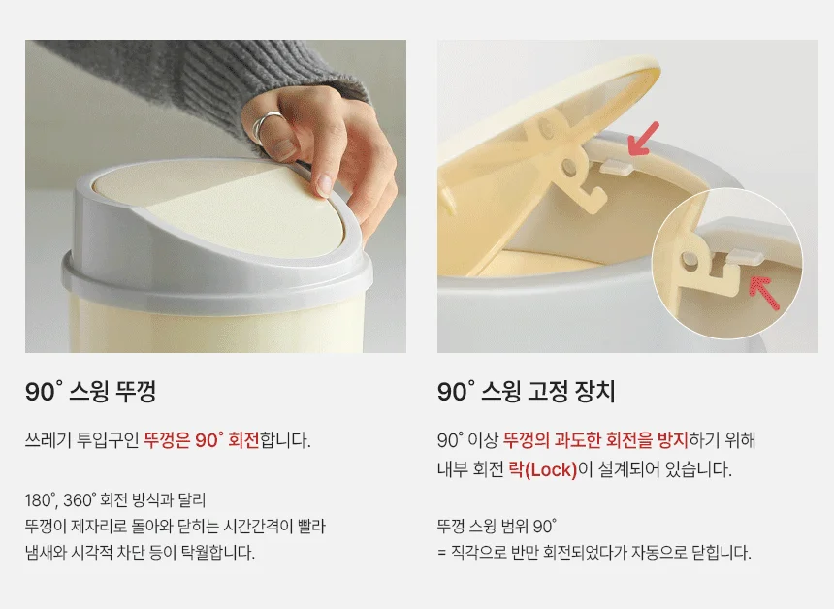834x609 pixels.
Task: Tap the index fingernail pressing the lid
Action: pyautogui.click(x=324, y=184)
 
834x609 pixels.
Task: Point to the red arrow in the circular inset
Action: pyautogui.click(x=764, y=292)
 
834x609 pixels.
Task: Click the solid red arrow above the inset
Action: pyautogui.click(x=643, y=140)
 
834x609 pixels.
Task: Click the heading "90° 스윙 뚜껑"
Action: pyautogui.click(x=90, y=392)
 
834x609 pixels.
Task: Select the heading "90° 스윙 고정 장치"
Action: pyautogui.click(x=526, y=392)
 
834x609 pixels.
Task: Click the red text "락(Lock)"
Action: pyautogui.click(x=542, y=469)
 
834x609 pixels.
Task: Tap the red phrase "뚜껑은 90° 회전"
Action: pyautogui.click(x=201, y=440)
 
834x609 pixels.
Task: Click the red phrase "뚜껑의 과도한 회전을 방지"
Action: pyautogui.click(x=595, y=440)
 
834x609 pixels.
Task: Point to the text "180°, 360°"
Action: pyautogui.click(x=61, y=500)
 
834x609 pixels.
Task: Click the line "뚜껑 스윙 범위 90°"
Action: pyautogui.click(x=497, y=527)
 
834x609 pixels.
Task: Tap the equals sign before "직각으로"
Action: pyautogui.click(x=441, y=553)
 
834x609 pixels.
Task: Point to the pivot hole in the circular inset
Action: pyautogui.click(x=690, y=260)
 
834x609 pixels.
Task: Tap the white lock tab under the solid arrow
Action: pyautogui.click(x=617, y=168)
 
